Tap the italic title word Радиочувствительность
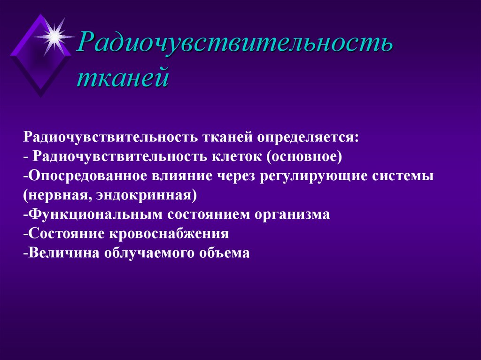pos(235,45)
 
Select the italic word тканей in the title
pos(123,77)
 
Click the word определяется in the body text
pos(308,138)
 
